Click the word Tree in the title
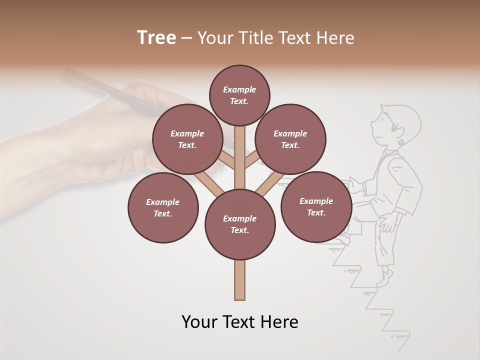click(x=156, y=38)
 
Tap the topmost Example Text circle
click(x=239, y=95)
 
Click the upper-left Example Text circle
click(x=187, y=139)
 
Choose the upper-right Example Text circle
click(x=290, y=139)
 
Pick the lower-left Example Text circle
click(x=163, y=207)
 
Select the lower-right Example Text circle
click(x=316, y=206)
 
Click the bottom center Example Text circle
click(x=240, y=224)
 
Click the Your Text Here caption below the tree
click(x=240, y=322)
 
